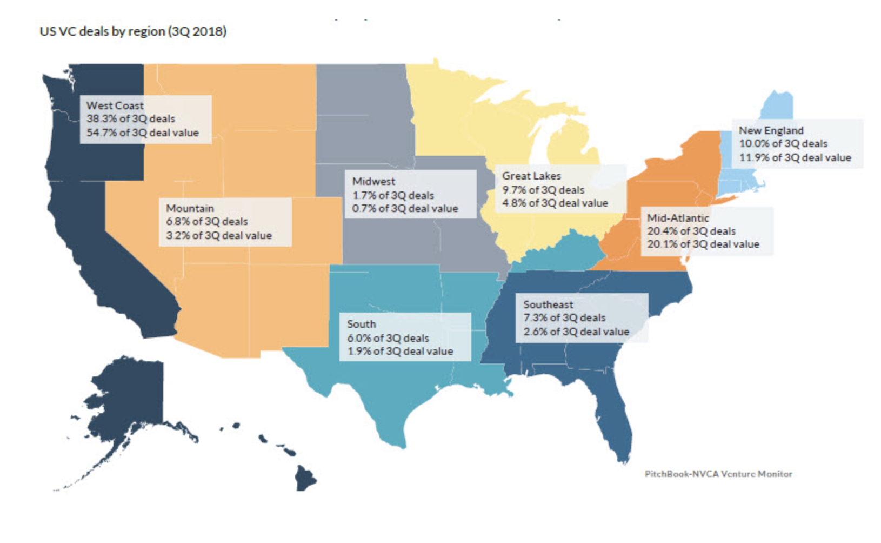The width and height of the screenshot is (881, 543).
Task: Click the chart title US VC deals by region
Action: pyautogui.click(x=133, y=31)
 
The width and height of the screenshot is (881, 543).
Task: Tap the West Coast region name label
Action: pyautogui.click(x=115, y=105)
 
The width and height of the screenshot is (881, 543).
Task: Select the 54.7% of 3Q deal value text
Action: pyautogui.click(x=143, y=133)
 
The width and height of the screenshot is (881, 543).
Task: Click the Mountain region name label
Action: pyautogui.click(x=190, y=208)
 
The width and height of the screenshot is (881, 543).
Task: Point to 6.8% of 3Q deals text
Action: pyautogui.click(x=207, y=221)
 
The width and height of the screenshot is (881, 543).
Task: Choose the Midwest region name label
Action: pyautogui.click(x=373, y=181)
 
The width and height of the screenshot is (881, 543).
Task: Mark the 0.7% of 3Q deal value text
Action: pyautogui.click(x=405, y=208)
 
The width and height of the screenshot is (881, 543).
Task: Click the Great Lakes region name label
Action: pyautogui.click(x=531, y=176)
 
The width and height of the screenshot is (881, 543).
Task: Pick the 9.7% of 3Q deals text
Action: pyautogui.click(x=543, y=190)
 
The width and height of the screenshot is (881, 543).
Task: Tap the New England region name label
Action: pyautogui.click(x=771, y=130)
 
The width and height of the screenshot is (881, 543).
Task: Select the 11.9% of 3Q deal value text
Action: pyautogui.click(x=795, y=157)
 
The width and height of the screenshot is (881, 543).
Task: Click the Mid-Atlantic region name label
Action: pyautogui.click(x=678, y=218)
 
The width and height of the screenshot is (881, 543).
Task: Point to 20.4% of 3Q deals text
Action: pyautogui.click(x=691, y=231)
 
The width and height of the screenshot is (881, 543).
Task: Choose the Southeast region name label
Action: pyautogui.click(x=548, y=304)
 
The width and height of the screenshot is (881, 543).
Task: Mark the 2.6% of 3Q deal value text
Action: pyautogui.click(x=576, y=332)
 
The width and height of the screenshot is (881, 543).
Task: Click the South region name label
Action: pyautogui.click(x=361, y=324)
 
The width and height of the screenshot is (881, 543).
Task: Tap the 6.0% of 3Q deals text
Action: pyautogui.click(x=388, y=338)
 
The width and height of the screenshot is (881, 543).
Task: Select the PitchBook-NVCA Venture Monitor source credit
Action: pyautogui.click(x=718, y=474)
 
